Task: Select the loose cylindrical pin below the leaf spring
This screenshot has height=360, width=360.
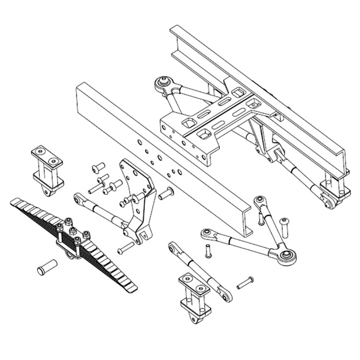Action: [x=47, y=266]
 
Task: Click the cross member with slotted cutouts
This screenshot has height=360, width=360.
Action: [x=211, y=120]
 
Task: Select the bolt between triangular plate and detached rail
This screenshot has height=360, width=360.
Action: [x=166, y=194]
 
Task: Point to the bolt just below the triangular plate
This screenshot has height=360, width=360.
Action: [x=125, y=248]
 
